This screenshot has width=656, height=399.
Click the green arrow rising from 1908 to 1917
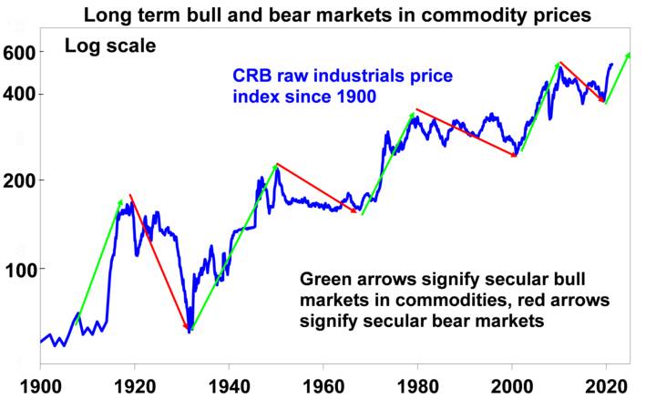point(99,258)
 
